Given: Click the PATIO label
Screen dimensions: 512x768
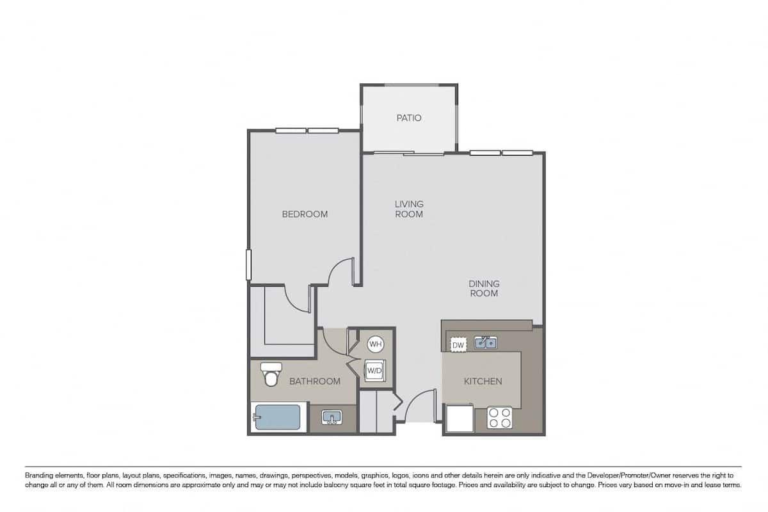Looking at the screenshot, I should tap(409, 118).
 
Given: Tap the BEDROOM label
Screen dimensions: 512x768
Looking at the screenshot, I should tap(305, 214).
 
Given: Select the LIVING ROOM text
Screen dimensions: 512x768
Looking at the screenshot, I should tap(409, 209).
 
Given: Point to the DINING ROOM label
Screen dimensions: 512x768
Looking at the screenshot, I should tap(484, 289).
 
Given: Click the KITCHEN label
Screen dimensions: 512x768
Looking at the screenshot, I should tap(483, 381).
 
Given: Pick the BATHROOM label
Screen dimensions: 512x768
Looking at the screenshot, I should tap(315, 381).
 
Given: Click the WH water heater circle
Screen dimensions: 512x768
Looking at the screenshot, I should tap(375, 344).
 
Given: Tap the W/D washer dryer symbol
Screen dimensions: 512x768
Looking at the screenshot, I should tap(374, 371).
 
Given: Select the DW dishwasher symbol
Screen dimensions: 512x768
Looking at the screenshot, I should tap(458, 346).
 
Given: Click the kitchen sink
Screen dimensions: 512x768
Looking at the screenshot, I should tap(485, 344).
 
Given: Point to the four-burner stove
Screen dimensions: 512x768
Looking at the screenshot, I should tap(500, 417).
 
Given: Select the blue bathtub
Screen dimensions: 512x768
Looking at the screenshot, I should tap(276, 419).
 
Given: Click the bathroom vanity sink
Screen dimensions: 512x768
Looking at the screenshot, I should tap(331, 419).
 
